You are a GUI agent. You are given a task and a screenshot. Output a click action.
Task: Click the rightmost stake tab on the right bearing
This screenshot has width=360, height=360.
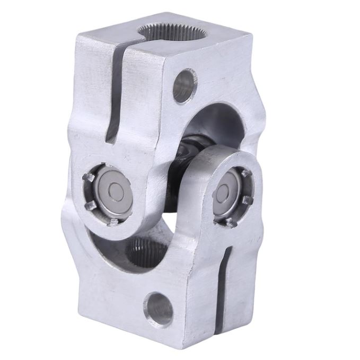(247, 200)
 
